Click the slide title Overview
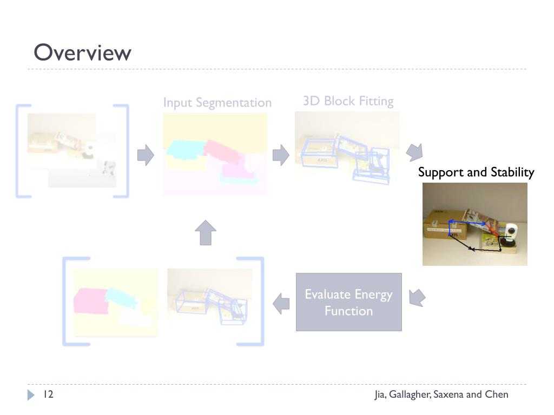tap(82, 53)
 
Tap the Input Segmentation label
tap(217, 103)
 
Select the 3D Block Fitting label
tap(348, 101)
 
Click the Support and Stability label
tap(476, 172)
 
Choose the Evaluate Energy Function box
tap(348, 302)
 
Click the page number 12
tap(48, 394)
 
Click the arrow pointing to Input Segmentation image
tap(146, 156)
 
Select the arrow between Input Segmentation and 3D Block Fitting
tap(280, 156)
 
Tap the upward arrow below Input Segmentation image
tap(206, 232)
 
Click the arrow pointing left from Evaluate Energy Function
tap(281, 303)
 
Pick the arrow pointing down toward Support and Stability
tap(414, 152)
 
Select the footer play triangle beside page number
tap(31, 395)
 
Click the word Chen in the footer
tap(497, 394)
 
